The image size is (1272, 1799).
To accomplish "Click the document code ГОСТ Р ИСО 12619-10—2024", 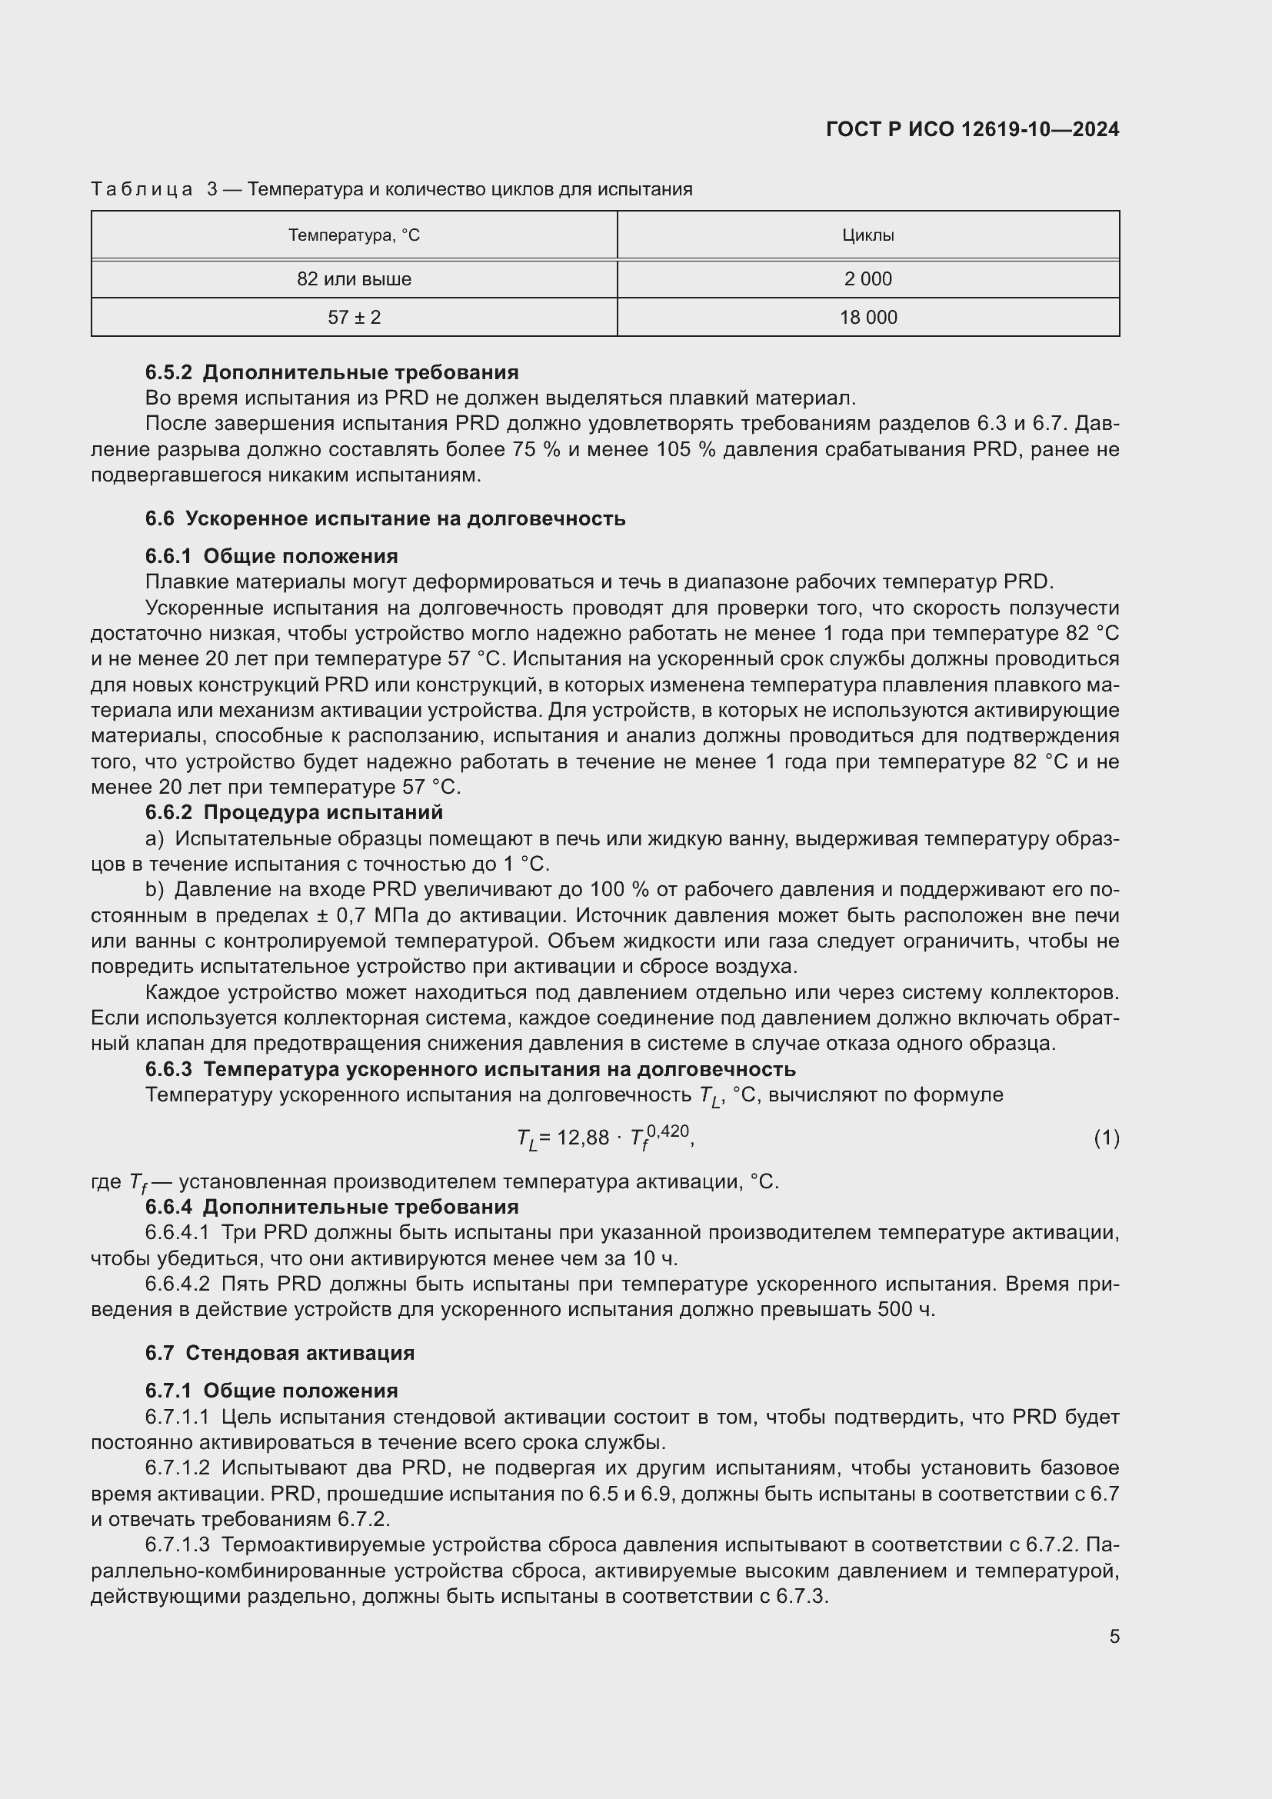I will click(x=972, y=129).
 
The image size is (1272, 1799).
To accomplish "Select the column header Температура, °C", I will click(x=354, y=235).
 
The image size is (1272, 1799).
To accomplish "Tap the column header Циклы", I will click(x=867, y=235).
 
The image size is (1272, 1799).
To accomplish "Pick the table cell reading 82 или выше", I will click(x=354, y=279).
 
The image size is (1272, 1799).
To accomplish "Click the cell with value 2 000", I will click(x=867, y=279).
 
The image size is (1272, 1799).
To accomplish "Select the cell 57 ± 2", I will click(x=354, y=318).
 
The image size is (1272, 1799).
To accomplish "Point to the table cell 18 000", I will click(x=867, y=318).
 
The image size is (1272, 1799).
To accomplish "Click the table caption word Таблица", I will click(x=142, y=189).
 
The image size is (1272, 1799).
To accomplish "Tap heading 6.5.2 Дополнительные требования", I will click(x=332, y=372).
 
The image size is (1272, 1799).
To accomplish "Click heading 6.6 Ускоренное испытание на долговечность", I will click(x=385, y=518).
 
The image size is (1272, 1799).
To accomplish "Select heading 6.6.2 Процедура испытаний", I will click(x=294, y=812).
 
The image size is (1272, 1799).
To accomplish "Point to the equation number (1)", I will click(x=1106, y=1138).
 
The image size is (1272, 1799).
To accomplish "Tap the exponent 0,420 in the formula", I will click(x=668, y=1131).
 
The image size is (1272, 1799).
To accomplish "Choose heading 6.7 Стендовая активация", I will click(x=280, y=1353).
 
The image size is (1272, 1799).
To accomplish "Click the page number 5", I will click(x=1114, y=1636).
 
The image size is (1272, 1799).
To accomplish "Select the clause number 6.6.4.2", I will click(x=177, y=1284).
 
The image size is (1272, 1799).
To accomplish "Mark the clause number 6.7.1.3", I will click(x=177, y=1545).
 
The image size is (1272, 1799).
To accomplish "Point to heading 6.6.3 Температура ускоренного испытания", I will click(x=470, y=1070).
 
